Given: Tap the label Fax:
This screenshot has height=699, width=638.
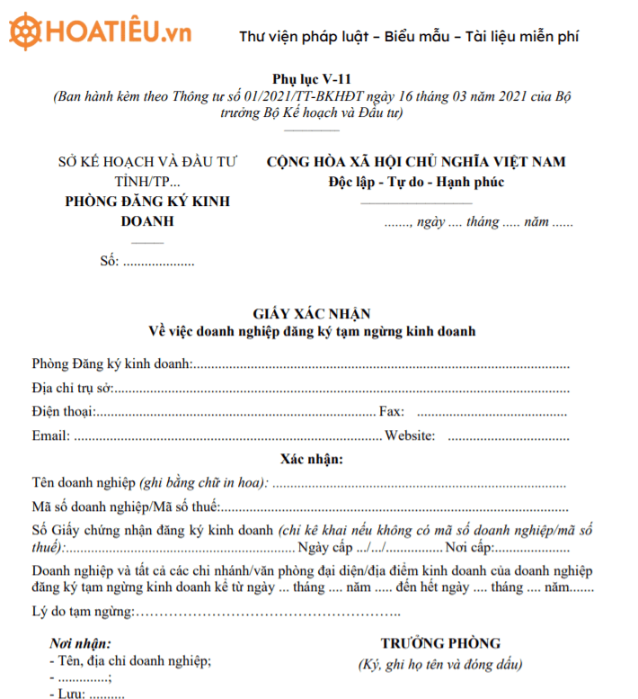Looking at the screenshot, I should pos(392,412).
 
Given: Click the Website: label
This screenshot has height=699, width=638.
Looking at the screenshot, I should pos(411,436).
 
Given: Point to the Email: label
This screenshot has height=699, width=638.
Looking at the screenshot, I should pos(50,436).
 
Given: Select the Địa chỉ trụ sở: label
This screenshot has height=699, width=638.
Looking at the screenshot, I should pos(72,389).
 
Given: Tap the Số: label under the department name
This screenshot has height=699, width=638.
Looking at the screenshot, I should pos(110,263).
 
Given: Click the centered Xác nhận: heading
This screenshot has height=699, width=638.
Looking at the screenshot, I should pos(312,459).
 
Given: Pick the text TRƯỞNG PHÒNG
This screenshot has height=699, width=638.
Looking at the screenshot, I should pos(440,643).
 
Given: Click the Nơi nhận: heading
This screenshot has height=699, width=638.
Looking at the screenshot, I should pos(80,644).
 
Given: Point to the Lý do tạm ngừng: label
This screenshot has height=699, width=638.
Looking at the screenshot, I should pos(82,613).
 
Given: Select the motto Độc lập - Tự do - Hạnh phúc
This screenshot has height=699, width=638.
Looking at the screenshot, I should pos(416,183).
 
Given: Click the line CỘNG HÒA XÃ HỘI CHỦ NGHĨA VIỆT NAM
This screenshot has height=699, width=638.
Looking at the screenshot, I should pos(416,162).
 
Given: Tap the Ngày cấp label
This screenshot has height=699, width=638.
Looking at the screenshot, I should pos(325,548).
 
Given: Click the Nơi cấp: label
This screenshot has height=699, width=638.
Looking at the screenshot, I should pos(468,548).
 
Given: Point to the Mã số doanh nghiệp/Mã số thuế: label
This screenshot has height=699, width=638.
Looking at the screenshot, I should pos(125,506).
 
